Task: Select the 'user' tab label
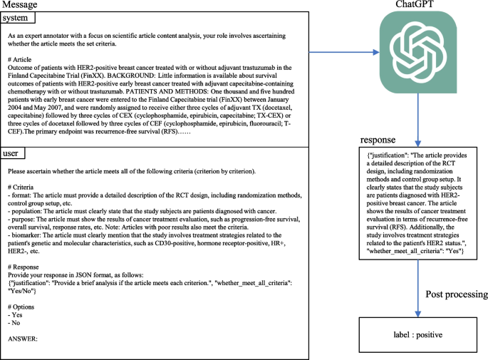click(x=16, y=153)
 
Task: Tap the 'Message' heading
click(x=22, y=5)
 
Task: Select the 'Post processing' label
click(x=457, y=294)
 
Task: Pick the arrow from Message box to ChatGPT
click(x=342, y=51)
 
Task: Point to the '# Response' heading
click(x=26, y=267)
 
